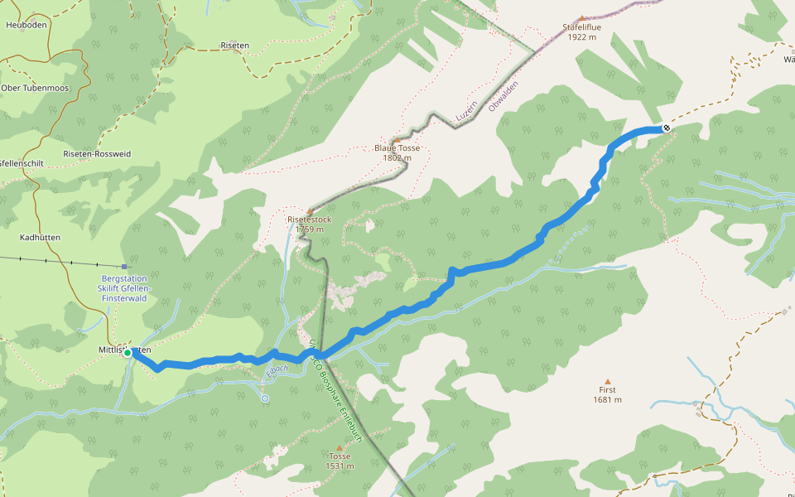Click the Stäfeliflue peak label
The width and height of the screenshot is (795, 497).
pos(581,32)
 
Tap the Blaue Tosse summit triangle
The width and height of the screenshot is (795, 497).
pos(397,139)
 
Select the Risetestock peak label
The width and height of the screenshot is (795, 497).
pos(309,224)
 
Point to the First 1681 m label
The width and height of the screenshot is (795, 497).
pos(607,394)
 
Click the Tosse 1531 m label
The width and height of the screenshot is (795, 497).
pos(340,461)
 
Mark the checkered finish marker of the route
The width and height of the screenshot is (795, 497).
pos(666,128)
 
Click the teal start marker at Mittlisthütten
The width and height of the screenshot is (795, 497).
pos(128,353)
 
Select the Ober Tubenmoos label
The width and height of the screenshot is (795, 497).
pos(35,88)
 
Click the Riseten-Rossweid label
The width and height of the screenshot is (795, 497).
pos(97,154)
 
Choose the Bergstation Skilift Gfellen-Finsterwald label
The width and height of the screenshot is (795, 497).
pos(123,288)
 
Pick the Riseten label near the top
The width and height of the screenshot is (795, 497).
pos(234,46)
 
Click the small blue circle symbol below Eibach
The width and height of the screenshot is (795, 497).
pos(265,398)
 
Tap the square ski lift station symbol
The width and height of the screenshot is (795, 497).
pos(124,267)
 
